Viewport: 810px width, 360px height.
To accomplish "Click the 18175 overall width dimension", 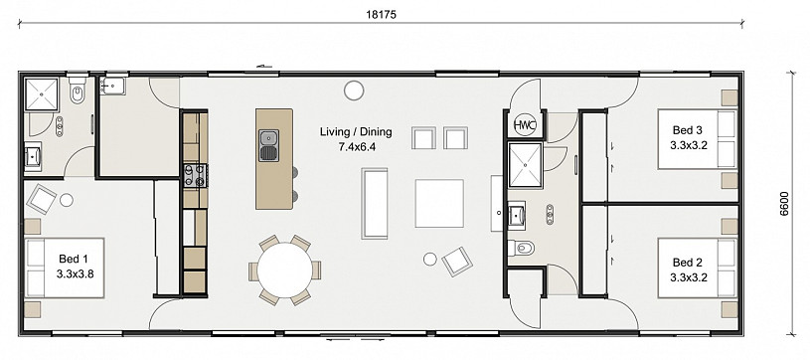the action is [382, 15].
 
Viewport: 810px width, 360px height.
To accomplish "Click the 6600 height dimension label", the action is [784, 203].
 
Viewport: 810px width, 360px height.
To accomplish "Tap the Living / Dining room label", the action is [356, 132].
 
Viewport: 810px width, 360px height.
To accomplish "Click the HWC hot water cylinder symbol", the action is [525, 124].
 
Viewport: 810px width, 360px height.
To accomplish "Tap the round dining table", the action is [284, 270].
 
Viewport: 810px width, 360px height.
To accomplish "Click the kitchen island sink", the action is [268, 145].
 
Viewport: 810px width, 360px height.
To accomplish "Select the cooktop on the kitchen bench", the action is [196, 175].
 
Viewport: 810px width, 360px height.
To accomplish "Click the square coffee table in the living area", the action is [439, 203].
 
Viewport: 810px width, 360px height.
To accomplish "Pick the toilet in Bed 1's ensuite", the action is [78, 90].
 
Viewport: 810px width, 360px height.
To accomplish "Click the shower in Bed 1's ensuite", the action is [43, 94].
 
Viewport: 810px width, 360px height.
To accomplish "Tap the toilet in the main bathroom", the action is [520, 249].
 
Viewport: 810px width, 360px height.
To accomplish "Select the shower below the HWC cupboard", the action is [526, 164].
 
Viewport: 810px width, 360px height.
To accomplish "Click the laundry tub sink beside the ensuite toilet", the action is [112, 86].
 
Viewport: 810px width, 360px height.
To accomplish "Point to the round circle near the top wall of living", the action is [354, 90].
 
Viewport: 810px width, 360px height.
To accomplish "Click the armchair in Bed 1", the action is [42, 199].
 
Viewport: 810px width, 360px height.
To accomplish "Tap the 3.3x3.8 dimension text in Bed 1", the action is [75, 274].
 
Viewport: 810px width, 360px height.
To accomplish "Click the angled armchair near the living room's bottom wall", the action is [457, 262].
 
